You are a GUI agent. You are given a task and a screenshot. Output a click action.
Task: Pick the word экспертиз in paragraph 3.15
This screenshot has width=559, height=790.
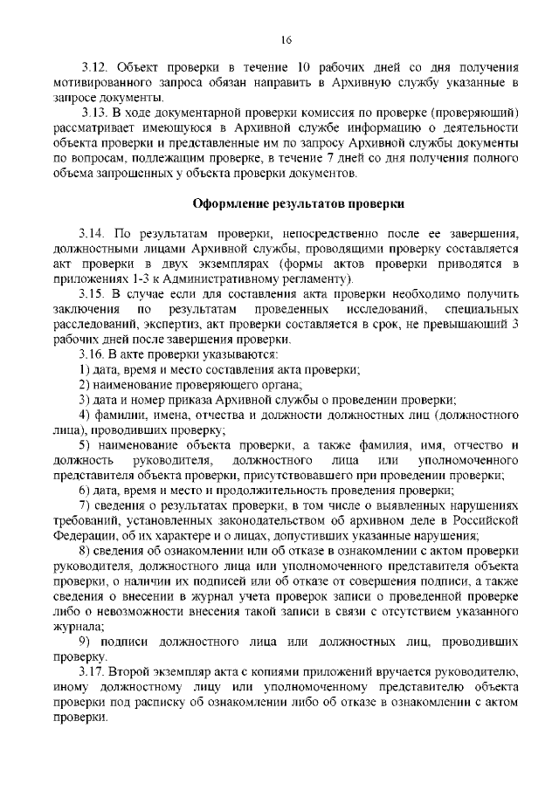(x=169, y=324)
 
